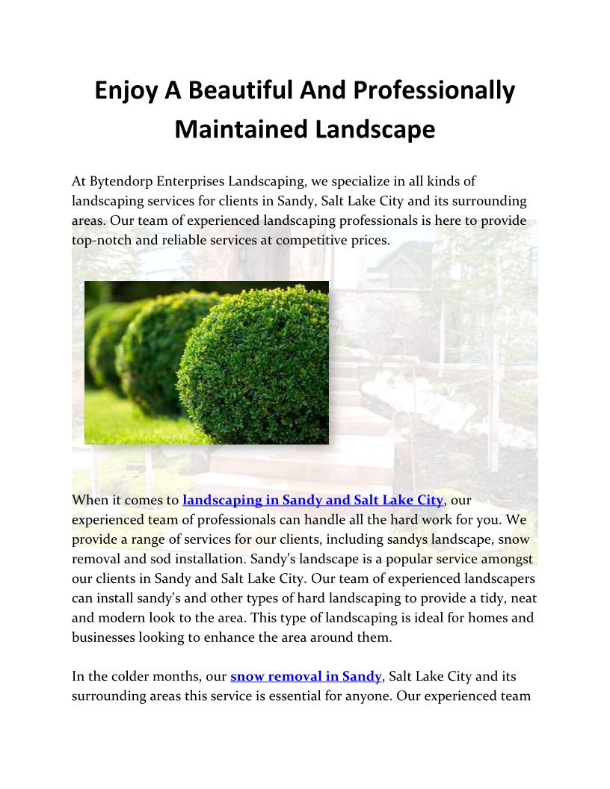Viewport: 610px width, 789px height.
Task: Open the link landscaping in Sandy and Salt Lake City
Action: pyautogui.click(x=313, y=500)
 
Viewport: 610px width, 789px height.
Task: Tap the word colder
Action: pyautogui.click(x=146, y=677)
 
